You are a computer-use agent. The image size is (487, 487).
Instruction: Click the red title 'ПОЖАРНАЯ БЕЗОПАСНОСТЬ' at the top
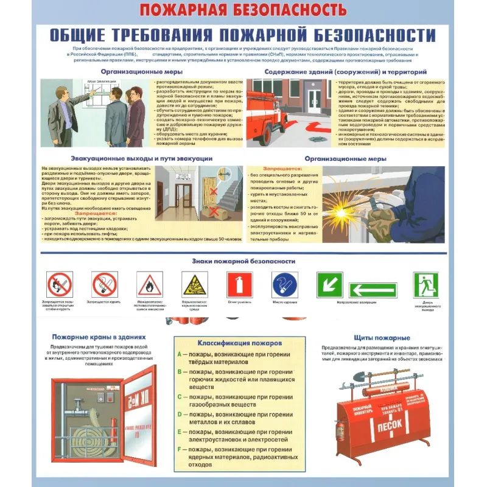pyautogui.click(x=243, y=9)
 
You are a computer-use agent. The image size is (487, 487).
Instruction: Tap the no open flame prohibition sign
pyautogui.click(x=59, y=284)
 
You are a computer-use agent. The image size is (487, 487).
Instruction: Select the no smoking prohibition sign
pyautogui.click(x=104, y=284)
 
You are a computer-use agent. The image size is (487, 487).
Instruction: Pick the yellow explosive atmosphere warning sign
pyautogui.click(x=194, y=285)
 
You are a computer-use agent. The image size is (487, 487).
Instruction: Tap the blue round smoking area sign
pyautogui.click(x=285, y=284)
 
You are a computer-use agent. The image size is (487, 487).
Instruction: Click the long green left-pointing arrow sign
pyautogui.click(x=373, y=290)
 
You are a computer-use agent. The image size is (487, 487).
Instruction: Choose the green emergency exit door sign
pyautogui.click(x=426, y=284)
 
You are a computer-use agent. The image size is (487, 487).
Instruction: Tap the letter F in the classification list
pyautogui.click(x=180, y=449)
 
